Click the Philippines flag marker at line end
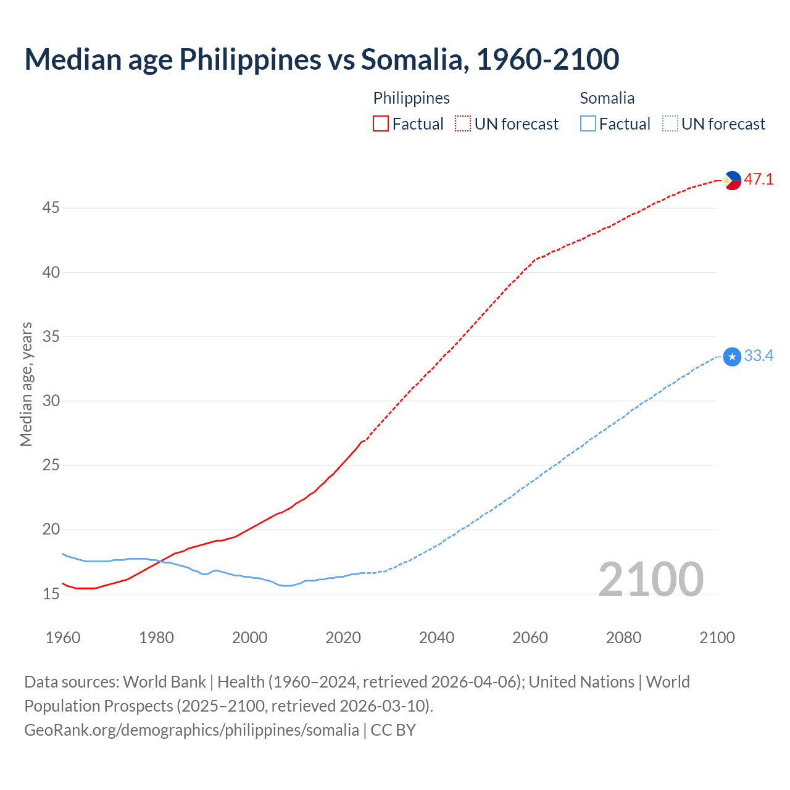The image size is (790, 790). point(732,180)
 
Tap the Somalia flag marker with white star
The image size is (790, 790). point(732,357)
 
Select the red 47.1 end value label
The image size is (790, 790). point(759,180)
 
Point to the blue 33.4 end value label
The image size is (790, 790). point(759,356)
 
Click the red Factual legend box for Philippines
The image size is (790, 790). point(381,124)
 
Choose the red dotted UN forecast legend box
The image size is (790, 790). point(463,124)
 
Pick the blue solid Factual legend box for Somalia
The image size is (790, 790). point(588,124)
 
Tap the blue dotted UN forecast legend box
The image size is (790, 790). point(670,124)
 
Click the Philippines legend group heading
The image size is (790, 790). point(411,98)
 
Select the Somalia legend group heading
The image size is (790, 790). point(607,98)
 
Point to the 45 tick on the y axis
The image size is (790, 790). point(51,208)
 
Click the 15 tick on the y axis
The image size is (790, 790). point(51,594)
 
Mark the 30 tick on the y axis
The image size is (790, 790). point(51,401)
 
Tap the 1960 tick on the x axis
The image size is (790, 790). point(63,638)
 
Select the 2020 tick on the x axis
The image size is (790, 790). point(343,638)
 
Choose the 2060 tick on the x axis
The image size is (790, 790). point(530,638)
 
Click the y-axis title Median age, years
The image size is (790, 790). point(26,384)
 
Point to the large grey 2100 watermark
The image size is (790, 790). point(651,579)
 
